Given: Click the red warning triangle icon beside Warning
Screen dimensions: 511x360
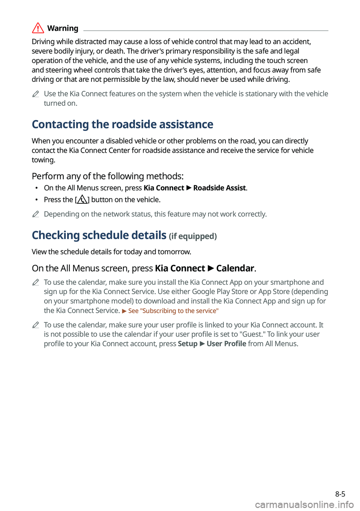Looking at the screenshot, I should click(38, 28).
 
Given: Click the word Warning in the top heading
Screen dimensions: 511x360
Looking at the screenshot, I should click(63, 29).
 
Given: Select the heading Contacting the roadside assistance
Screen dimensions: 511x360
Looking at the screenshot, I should click(122, 124).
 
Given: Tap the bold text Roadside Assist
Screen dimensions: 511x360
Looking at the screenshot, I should click(219, 188).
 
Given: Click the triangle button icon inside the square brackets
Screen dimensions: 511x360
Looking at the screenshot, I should click(82, 200).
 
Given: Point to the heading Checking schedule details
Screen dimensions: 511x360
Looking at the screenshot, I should click(99, 235).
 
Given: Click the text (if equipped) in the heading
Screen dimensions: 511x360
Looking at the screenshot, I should click(193, 236).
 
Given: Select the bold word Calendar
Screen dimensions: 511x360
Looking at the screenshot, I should click(235, 268).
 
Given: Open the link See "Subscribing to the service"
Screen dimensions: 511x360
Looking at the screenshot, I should click(173, 311).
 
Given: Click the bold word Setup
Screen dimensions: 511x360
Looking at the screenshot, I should click(187, 344).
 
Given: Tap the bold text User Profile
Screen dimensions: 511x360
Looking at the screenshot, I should click(226, 344).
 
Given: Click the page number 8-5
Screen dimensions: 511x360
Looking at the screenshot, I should click(340, 494).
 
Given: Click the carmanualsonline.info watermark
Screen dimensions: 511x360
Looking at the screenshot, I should click(304, 505).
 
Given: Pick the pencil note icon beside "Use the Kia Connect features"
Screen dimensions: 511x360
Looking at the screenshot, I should click(36, 94).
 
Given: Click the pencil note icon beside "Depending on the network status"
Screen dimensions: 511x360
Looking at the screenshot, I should click(36, 214).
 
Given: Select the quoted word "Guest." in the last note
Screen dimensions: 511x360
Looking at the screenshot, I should click(252, 334).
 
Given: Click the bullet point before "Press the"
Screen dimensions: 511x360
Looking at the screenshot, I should click(36, 200).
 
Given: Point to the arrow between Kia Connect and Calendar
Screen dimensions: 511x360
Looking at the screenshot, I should click(211, 269).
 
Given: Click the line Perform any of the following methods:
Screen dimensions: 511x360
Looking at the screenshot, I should click(108, 176).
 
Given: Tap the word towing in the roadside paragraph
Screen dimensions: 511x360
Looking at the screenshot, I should click(43, 160).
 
